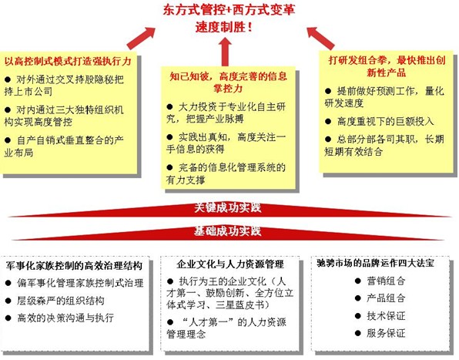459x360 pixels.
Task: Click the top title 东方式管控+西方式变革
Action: [x=229, y=9]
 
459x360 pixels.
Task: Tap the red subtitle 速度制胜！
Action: [x=223, y=27]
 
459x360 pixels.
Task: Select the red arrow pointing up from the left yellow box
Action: [x=141, y=38]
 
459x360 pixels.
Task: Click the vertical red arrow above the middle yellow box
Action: [x=225, y=52]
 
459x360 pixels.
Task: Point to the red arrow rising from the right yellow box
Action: [x=320, y=38]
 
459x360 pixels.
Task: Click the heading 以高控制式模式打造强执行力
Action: [x=68, y=61]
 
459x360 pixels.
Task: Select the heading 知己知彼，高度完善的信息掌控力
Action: [x=228, y=82]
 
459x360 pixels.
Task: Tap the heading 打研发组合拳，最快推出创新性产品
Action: [x=387, y=66]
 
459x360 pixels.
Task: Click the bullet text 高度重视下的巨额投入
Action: [x=385, y=121]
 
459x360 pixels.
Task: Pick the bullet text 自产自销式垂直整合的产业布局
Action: [x=64, y=146]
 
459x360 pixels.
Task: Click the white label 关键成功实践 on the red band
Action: [x=227, y=207]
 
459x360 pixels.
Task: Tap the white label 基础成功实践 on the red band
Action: [x=227, y=231]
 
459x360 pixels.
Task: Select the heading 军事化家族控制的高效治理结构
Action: [x=74, y=265]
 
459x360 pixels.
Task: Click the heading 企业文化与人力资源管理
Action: [x=230, y=264]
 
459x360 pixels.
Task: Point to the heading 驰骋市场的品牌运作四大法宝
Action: [x=376, y=263]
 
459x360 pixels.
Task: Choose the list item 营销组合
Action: [x=386, y=281]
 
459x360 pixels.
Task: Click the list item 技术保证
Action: [x=386, y=316]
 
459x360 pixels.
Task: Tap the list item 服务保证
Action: [x=386, y=333]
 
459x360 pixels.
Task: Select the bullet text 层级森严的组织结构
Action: [x=60, y=301]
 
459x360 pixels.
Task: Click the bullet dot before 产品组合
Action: [x=357, y=298]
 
